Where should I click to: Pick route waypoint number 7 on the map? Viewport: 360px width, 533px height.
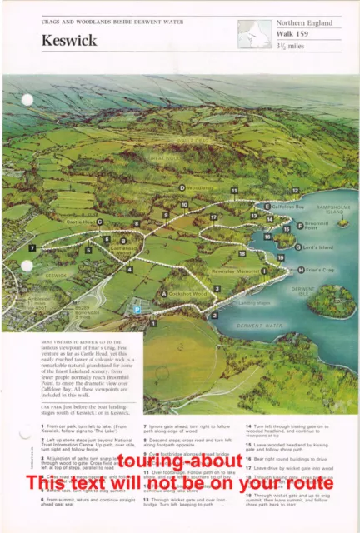32,247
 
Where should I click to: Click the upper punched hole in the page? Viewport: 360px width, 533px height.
27,100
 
